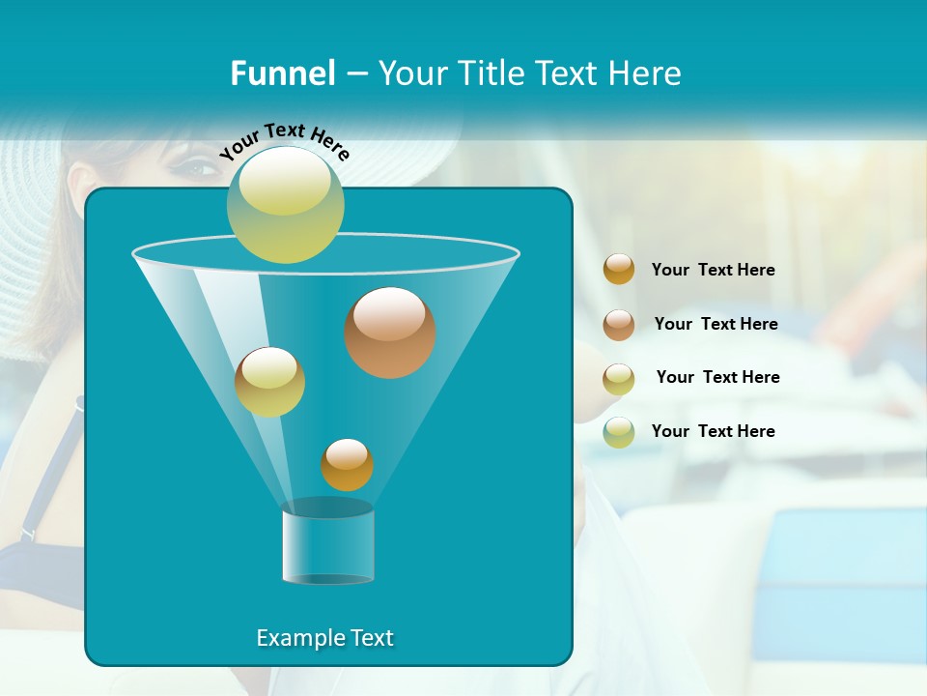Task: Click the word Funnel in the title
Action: coord(282,72)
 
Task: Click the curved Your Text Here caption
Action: coord(284,141)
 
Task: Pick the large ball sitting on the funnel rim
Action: coord(286,204)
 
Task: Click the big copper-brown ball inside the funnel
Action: coord(390,332)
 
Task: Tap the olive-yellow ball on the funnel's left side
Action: coord(269,382)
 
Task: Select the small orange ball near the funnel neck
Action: coord(347,464)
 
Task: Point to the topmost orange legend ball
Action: coord(619,270)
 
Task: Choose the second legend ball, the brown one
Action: coord(619,324)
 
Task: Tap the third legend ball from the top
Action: coord(619,378)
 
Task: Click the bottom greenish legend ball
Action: coord(619,431)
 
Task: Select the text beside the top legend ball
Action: coord(713,271)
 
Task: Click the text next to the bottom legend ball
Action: coord(713,431)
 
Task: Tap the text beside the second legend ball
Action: coord(716,324)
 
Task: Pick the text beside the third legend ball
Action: coord(717,377)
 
